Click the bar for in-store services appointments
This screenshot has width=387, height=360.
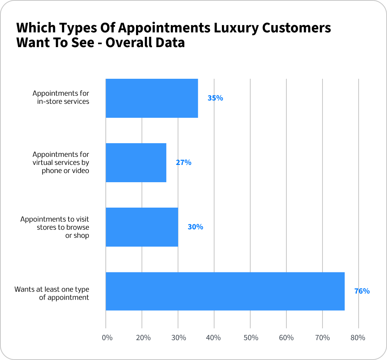(151, 98)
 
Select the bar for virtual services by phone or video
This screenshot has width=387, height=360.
(136, 162)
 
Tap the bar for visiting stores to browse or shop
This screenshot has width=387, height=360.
(142, 227)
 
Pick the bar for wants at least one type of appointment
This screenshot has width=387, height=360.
(225, 291)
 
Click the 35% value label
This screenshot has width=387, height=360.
(215, 98)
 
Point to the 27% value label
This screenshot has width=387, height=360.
(184, 162)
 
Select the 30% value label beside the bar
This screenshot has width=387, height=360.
(195, 227)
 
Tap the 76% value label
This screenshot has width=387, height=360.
(362, 291)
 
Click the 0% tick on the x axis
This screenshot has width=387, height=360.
(107, 338)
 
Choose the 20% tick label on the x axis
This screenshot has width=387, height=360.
(143, 338)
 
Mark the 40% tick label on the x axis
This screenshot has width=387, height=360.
(213, 338)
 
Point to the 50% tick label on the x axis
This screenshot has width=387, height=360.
(250, 338)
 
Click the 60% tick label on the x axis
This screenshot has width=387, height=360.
(286, 338)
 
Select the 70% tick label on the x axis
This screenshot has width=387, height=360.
(322, 338)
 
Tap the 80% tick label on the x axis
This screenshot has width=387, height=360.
(358, 338)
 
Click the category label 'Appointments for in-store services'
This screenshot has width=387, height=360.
(61, 97)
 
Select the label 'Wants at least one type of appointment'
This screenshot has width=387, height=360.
(52, 293)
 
